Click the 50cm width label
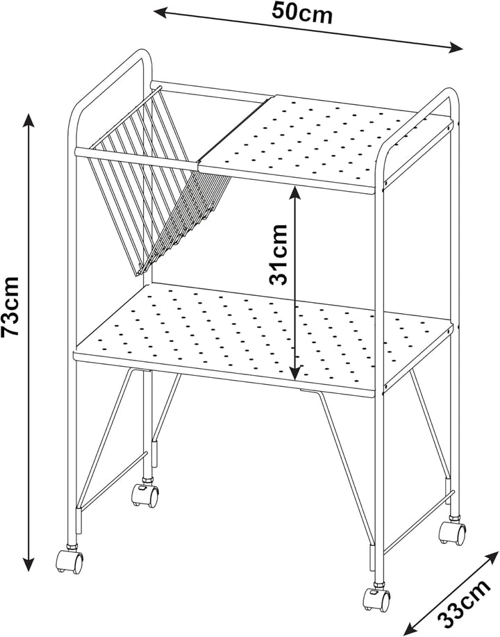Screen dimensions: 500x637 tap(302, 13)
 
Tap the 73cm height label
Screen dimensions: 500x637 tap(10, 306)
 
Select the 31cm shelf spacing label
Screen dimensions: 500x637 tap(278, 254)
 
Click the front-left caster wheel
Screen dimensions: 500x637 tap(69, 561)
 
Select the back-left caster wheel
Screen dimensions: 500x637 tap(145, 495)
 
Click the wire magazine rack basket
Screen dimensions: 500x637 tap(158, 179)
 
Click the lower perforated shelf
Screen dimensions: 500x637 tap(263, 338)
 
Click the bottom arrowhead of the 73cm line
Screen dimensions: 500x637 tap(28, 564)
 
